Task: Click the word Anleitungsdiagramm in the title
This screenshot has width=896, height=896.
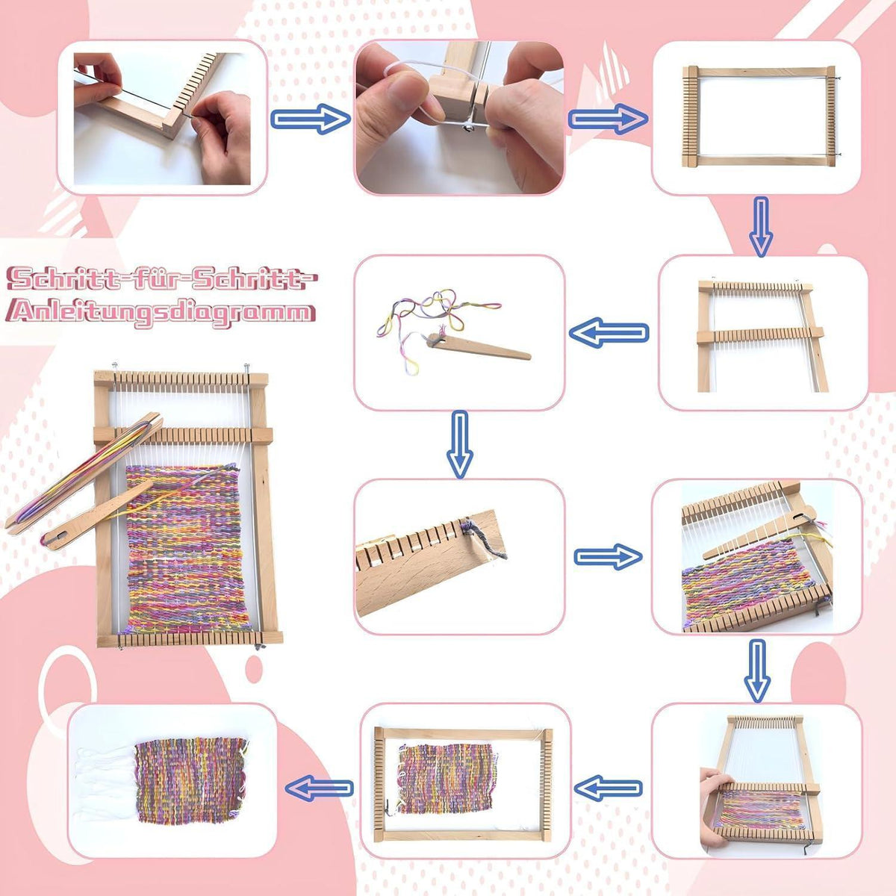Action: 161,312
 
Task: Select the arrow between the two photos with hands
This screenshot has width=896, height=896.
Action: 310,119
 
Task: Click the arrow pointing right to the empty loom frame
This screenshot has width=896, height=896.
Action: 608,119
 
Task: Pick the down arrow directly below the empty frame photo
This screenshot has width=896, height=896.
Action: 761,226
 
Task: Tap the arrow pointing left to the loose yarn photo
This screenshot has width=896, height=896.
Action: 609,332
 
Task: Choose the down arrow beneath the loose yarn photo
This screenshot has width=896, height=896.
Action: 460,444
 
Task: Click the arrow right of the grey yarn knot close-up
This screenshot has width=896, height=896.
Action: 609,556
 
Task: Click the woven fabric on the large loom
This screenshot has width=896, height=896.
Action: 187,549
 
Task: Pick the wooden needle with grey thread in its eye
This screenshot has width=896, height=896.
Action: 97,516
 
